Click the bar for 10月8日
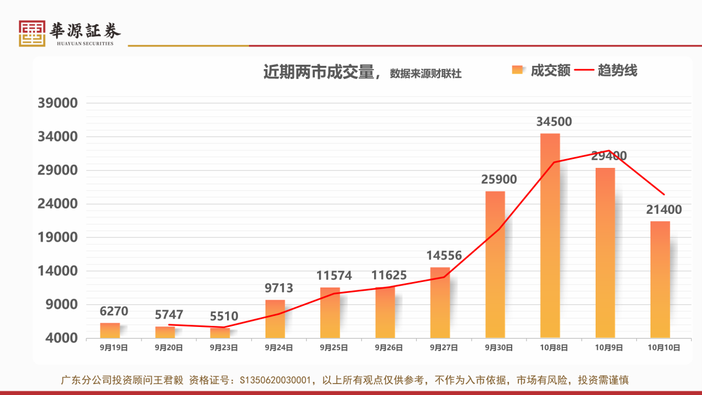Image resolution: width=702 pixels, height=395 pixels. pyautogui.click(x=550, y=235)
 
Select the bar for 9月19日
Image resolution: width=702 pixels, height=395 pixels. pyautogui.click(x=110, y=330)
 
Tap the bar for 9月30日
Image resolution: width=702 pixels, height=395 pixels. pyautogui.click(x=495, y=264)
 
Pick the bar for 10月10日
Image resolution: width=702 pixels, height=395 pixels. pyautogui.click(x=660, y=279)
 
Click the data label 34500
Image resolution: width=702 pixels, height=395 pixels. pyautogui.click(x=554, y=122)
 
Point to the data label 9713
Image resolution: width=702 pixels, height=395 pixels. pyautogui.click(x=279, y=288)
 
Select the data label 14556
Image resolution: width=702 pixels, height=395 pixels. pyautogui.click(x=444, y=255)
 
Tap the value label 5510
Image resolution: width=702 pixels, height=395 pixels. pyautogui.click(x=224, y=317)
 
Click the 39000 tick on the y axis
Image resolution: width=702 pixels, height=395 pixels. pyautogui.click(x=58, y=103)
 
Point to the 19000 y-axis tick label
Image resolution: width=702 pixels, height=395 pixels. pyautogui.click(x=58, y=238)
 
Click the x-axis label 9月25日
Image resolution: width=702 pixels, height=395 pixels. pyautogui.click(x=334, y=347)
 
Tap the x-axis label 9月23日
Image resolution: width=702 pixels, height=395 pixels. pyautogui.click(x=224, y=347)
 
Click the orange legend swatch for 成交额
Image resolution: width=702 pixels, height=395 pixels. pyautogui.click(x=517, y=70)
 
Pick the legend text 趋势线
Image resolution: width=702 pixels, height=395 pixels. pyautogui.click(x=618, y=70)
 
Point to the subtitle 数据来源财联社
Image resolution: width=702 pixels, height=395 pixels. pyautogui.click(x=426, y=74)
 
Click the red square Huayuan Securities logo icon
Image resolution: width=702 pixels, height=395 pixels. pyautogui.click(x=32, y=33)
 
